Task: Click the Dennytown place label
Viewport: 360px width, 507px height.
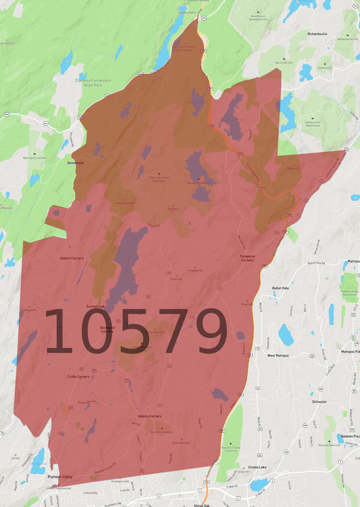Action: click(x=75, y=163)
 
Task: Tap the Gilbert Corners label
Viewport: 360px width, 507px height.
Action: click(x=72, y=258)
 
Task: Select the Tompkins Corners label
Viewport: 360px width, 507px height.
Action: click(x=247, y=258)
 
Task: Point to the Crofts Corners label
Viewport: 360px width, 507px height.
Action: click(x=78, y=377)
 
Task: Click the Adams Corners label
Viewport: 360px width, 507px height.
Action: click(x=150, y=416)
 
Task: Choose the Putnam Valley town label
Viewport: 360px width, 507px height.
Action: click(x=60, y=477)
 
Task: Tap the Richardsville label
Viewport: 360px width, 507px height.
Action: click(x=317, y=34)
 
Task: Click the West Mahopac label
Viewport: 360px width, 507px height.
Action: click(x=278, y=356)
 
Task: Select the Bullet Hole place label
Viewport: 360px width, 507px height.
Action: click(x=280, y=288)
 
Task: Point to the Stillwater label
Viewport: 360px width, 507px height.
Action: click(x=319, y=402)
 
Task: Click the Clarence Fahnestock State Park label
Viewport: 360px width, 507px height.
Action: click(x=93, y=83)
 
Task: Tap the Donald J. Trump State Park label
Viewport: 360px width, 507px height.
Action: click(x=231, y=449)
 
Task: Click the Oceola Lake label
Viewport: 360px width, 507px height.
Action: click(x=257, y=467)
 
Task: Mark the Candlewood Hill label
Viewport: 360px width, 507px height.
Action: click(x=124, y=203)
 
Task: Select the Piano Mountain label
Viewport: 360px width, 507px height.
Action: click(x=182, y=443)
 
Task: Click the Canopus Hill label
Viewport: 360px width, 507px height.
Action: click(x=29, y=310)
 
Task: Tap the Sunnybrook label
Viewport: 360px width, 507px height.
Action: click(x=95, y=306)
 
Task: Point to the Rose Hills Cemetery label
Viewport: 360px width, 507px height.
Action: click(x=162, y=432)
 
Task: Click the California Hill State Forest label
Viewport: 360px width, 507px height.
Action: click(x=313, y=124)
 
